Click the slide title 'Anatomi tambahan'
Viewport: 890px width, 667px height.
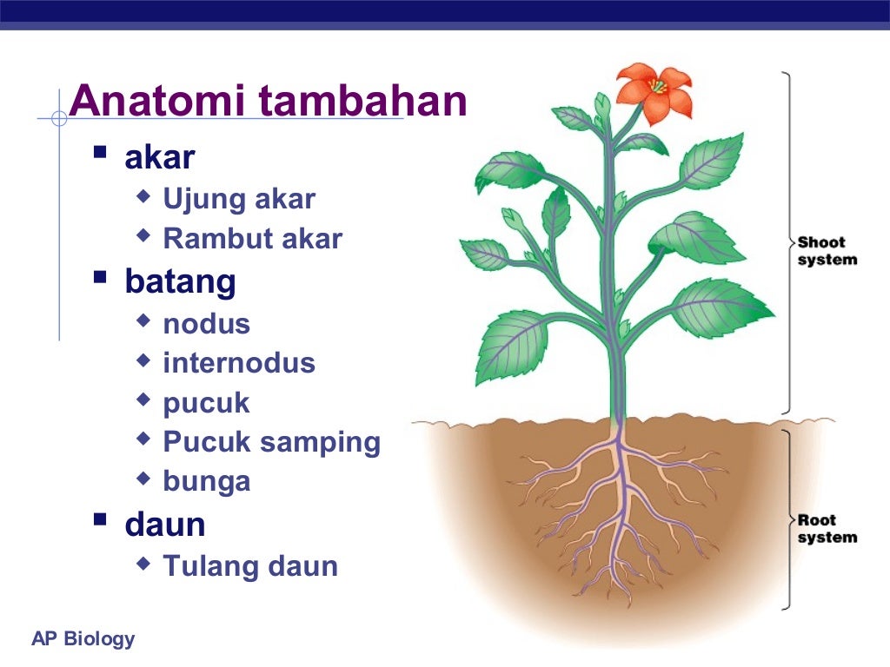pyautogui.click(x=269, y=102)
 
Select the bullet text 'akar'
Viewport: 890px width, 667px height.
pyautogui.click(x=160, y=157)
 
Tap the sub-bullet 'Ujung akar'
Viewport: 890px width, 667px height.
pyautogui.click(x=239, y=200)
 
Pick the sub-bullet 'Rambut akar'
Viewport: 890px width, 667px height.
pyautogui.click(x=253, y=239)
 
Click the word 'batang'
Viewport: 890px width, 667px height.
pyautogui.click(x=180, y=281)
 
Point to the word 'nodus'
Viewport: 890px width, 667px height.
pyautogui.click(x=206, y=324)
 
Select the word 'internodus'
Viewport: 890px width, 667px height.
pyautogui.click(x=239, y=363)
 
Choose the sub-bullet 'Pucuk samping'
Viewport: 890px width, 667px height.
pyautogui.click(x=271, y=442)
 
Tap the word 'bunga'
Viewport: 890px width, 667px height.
pyautogui.click(x=206, y=481)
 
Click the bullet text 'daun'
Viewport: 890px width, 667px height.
pyautogui.click(x=165, y=524)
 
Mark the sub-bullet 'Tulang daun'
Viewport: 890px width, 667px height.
pyautogui.click(x=250, y=566)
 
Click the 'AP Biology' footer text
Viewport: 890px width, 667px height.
pyautogui.click(x=83, y=639)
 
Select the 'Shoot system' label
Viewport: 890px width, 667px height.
pyautogui.click(x=827, y=251)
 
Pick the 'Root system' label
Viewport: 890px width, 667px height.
pyautogui.click(x=827, y=529)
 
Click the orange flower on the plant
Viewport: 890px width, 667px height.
pyautogui.click(x=654, y=91)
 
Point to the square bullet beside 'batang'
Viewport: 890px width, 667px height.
pyautogui.click(x=101, y=277)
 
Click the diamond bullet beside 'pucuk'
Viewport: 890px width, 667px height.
pyautogui.click(x=143, y=400)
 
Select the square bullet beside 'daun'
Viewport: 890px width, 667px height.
pyautogui.click(x=101, y=519)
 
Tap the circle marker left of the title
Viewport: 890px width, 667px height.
pyautogui.click(x=59, y=118)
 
